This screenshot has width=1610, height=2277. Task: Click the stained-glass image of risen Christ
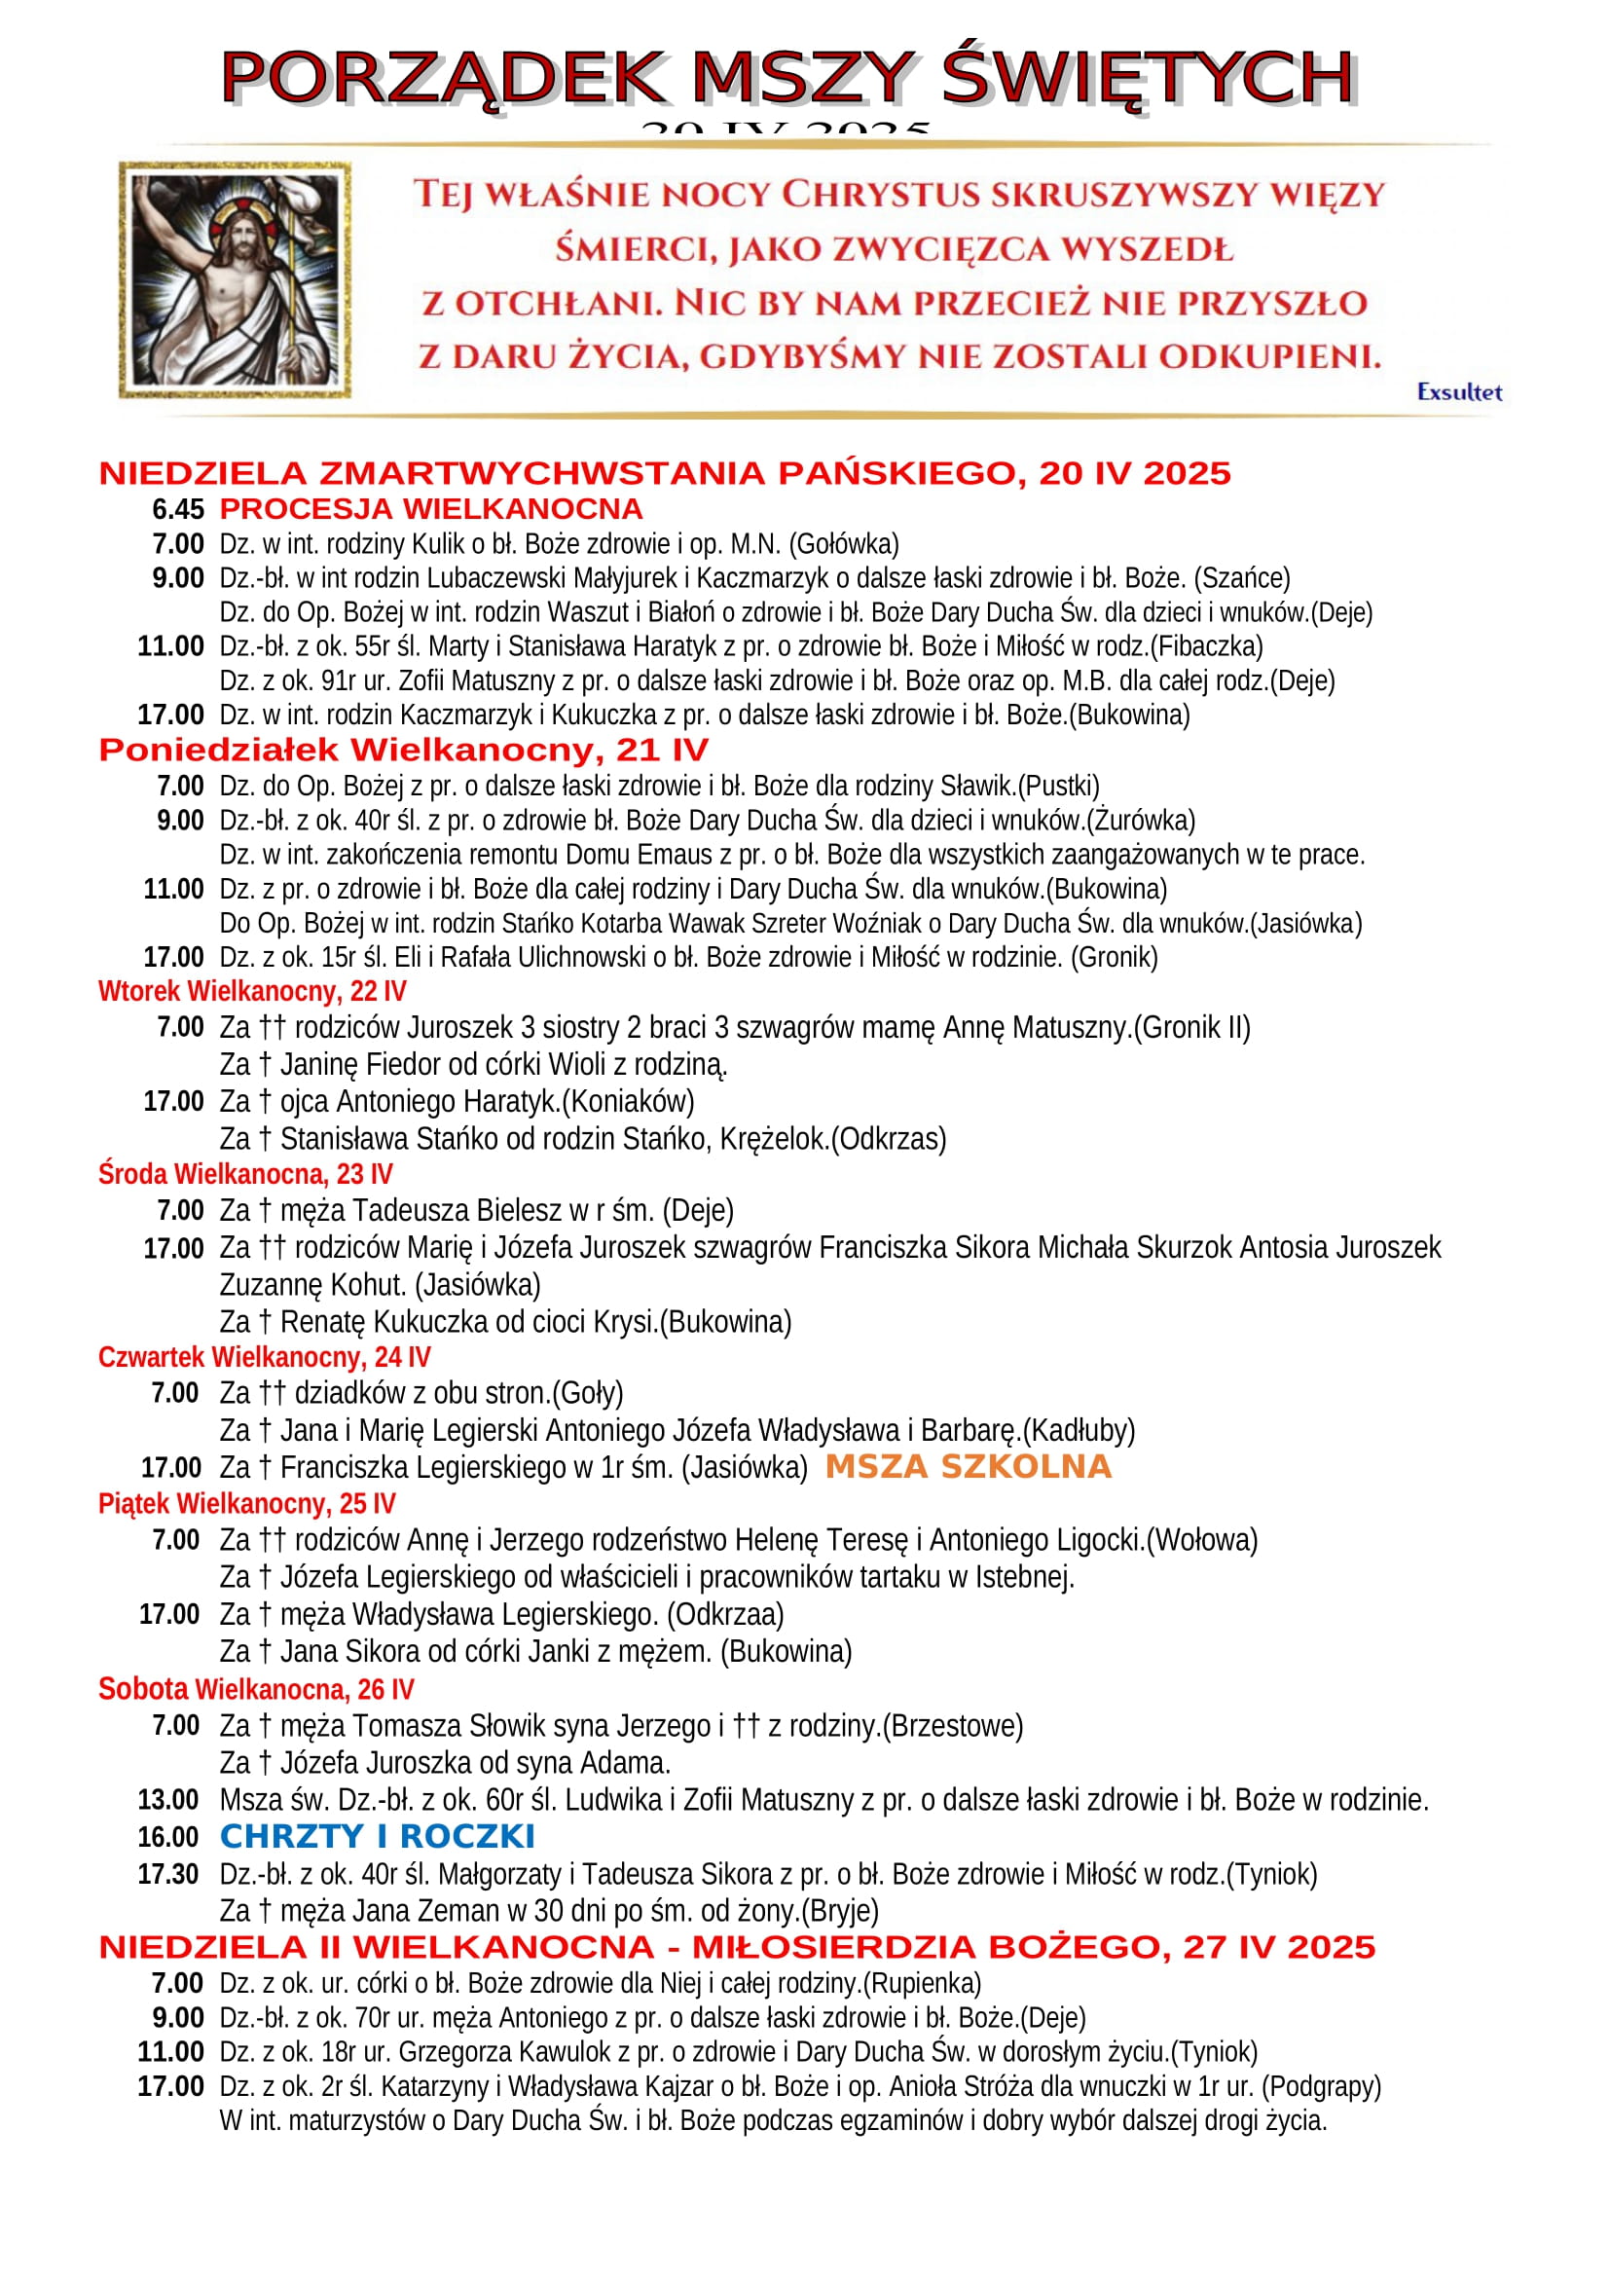click(235, 279)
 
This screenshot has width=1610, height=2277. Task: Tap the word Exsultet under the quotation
click(1458, 391)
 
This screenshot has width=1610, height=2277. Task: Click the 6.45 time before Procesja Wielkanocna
click(178, 510)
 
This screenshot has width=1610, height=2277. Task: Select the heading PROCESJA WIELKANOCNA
click(431, 509)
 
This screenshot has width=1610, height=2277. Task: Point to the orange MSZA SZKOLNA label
click(968, 1467)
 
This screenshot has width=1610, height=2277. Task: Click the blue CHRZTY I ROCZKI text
click(377, 1837)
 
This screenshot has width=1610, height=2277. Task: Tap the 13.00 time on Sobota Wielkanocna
click(168, 1800)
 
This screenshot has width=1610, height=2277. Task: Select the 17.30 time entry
click(168, 1874)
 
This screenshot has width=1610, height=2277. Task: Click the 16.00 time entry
click(168, 1838)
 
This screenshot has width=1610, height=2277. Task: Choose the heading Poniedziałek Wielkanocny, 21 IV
click(404, 750)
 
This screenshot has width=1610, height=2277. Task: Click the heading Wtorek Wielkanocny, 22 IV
click(252, 992)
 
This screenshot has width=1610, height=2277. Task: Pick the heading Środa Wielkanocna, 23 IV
click(245, 1174)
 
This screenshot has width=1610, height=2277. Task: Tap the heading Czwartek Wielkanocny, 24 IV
click(264, 1357)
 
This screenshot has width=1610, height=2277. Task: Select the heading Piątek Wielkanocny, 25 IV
click(247, 1503)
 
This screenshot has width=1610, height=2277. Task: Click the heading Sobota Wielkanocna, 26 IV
click(256, 1689)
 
